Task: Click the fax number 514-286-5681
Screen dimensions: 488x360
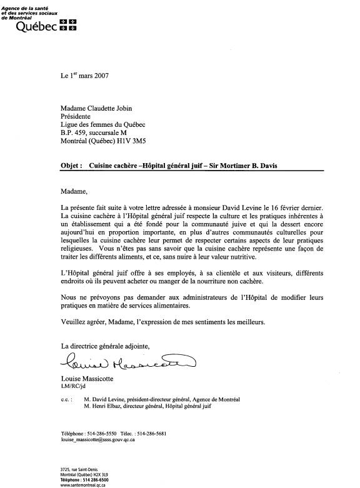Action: (x=151, y=434)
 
